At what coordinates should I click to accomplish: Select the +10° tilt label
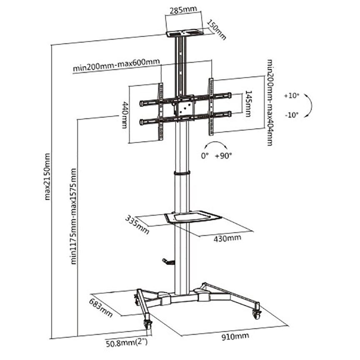292,95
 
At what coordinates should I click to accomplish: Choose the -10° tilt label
292,115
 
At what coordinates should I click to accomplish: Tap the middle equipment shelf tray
192,216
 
